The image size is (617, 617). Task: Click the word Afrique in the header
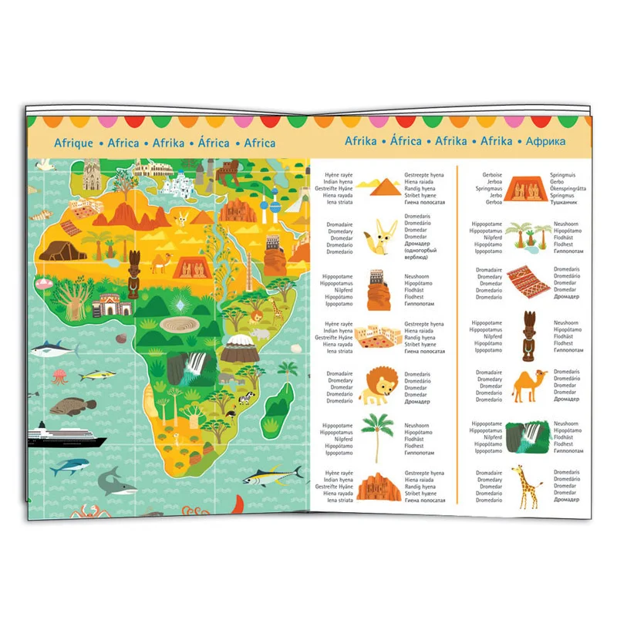[x=74, y=143]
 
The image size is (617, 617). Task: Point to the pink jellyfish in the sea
[x=60, y=378]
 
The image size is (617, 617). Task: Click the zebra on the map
[x=244, y=398]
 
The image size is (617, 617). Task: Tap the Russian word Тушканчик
[x=568, y=203]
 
